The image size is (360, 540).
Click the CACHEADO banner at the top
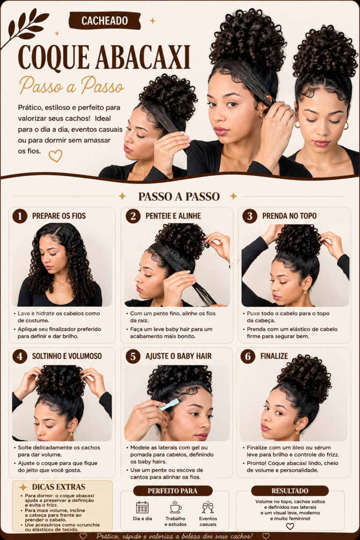tap(105, 21)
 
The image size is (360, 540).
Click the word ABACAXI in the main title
tap(142, 57)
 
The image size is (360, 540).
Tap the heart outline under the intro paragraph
tap(55, 156)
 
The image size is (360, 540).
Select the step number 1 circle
tap(20, 216)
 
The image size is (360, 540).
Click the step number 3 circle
tap(249, 216)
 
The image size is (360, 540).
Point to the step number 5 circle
tap(133, 356)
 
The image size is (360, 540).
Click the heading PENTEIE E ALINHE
tap(173, 216)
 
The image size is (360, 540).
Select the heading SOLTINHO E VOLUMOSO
tap(67, 356)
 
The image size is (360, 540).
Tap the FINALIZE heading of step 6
tap(274, 356)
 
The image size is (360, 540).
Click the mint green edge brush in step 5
tap(169, 405)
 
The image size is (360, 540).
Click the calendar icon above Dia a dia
tap(142, 507)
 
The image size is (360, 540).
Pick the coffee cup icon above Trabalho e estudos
tap(175, 507)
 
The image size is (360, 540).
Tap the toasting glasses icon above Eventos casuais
tap(208, 507)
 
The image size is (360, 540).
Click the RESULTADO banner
tap(290, 491)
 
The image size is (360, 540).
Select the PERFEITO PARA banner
tap(172, 491)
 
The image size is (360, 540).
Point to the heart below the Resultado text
tap(290, 526)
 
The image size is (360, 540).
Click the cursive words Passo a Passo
tap(71, 85)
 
